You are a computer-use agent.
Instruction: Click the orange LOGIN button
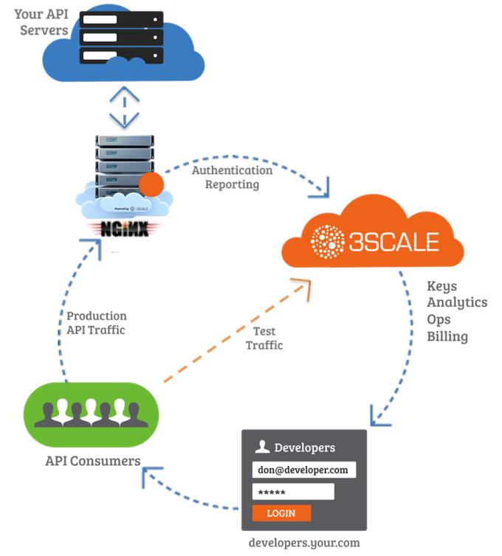click(x=281, y=513)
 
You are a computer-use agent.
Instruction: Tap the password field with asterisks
click(x=293, y=492)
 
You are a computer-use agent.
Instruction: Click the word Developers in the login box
click(x=304, y=447)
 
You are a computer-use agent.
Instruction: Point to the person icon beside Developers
click(x=261, y=446)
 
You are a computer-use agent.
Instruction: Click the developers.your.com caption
click(x=305, y=543)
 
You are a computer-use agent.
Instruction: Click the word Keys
click(x=442, y=286)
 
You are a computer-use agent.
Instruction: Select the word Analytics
click(x=457, y=302)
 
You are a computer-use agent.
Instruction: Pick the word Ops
click(x=439, y=319)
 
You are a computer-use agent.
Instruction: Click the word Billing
click(x=447, y=336)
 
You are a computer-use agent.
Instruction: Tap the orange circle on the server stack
click(x=151, y=184)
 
